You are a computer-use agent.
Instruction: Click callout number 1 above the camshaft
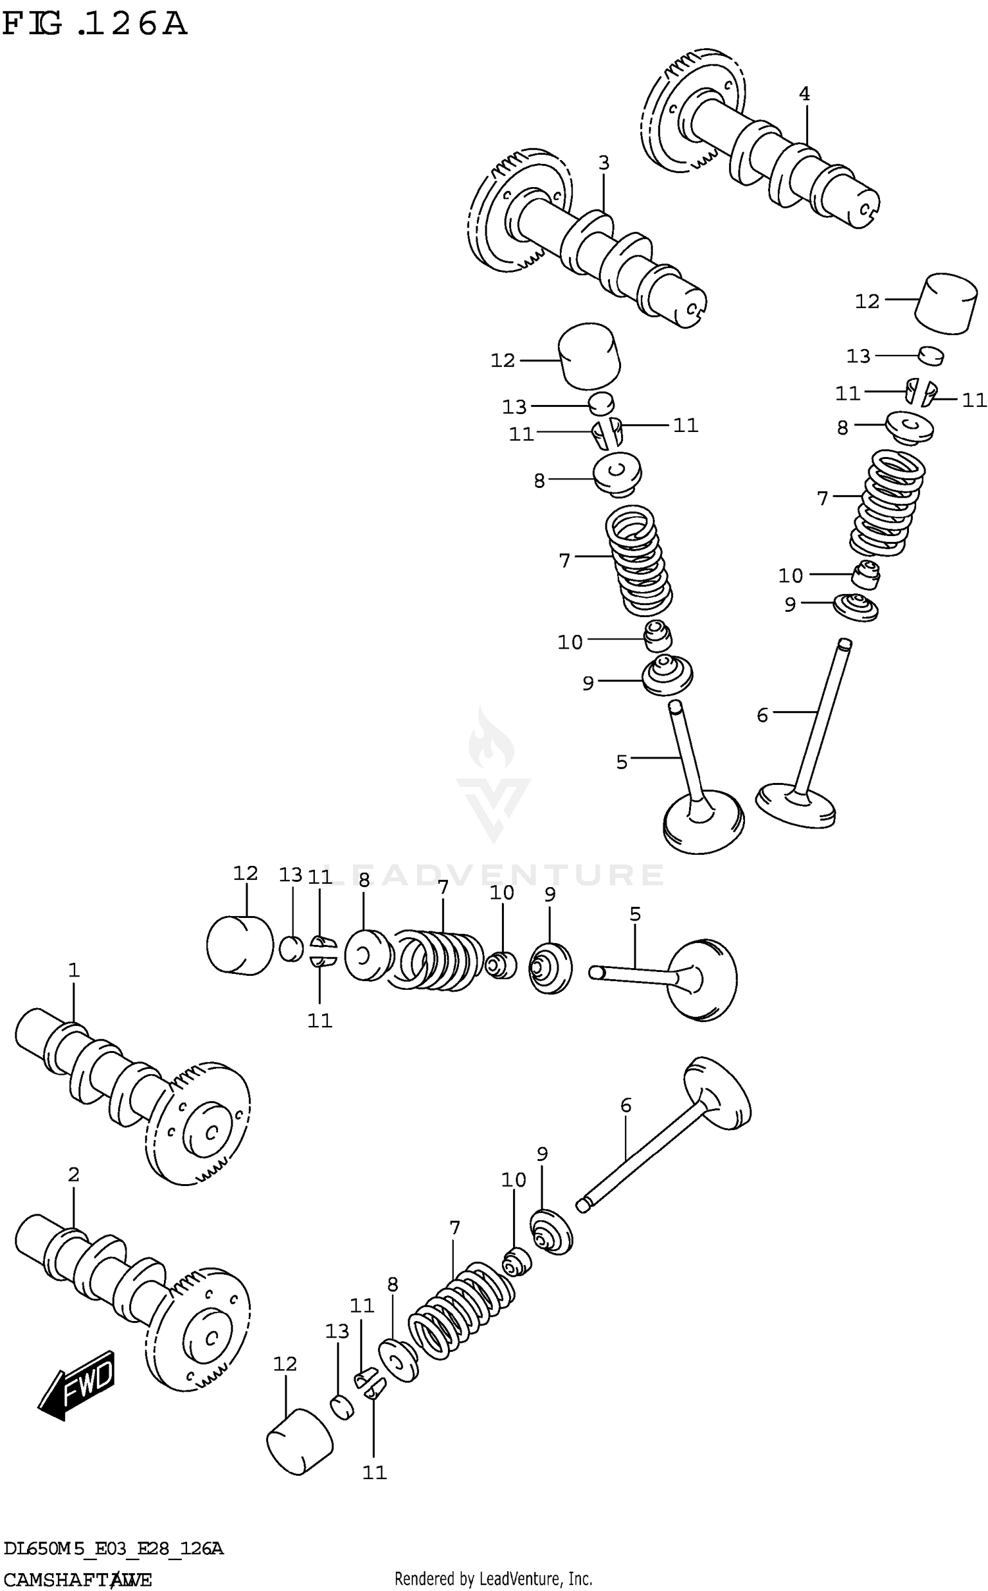tap(73, 969)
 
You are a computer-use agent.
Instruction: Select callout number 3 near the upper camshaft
tap(603, 162)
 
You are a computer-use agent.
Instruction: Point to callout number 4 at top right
tap(804, 94)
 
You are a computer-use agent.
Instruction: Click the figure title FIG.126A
tap(94, 25)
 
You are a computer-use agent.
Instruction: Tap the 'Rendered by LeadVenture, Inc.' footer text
tap(493, 1578)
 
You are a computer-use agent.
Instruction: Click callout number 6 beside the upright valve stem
tap(762, 715)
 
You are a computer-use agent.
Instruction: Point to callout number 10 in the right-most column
tap(790, 576)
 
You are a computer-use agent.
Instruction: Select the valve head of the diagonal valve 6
tap(718, 1094)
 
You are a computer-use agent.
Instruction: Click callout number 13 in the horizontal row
tap(290, 875)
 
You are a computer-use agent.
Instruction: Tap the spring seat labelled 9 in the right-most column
tap(856, 607)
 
